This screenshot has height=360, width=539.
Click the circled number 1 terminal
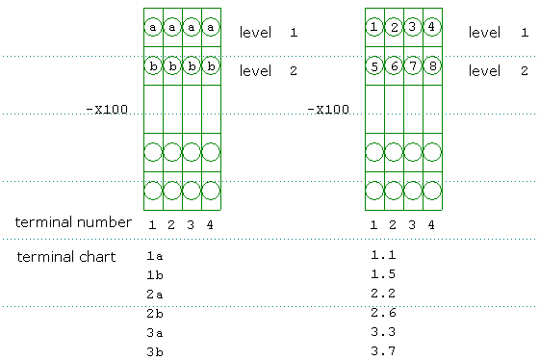pos(374,27)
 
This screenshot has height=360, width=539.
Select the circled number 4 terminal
pos(432,27)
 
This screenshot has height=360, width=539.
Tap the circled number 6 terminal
pos(394,65)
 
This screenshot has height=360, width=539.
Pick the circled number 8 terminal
pos(432,65)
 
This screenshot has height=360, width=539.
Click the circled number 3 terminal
pos(413,27)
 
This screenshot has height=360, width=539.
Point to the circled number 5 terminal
pos(374,65)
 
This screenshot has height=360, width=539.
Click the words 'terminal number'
pos(73,222)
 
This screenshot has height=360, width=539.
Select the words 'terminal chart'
pos(66,257)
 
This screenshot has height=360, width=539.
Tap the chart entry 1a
pos(155,256)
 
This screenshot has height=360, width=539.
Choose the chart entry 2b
pos(155,313)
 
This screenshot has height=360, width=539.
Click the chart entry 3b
pos(155,351)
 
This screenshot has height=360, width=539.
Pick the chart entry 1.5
pos(383,274)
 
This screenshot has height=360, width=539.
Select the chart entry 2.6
pos(383,313)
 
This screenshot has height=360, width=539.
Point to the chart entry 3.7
pos(383,351)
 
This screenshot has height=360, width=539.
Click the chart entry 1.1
pos(383,255)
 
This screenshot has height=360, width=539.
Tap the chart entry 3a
pos(155,333)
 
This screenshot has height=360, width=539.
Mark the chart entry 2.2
pos(383,294)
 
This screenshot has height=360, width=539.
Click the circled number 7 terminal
pos(413,65)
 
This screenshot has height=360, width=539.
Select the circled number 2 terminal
pos(394,27)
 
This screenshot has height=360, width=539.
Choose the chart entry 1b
pos(155,274)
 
